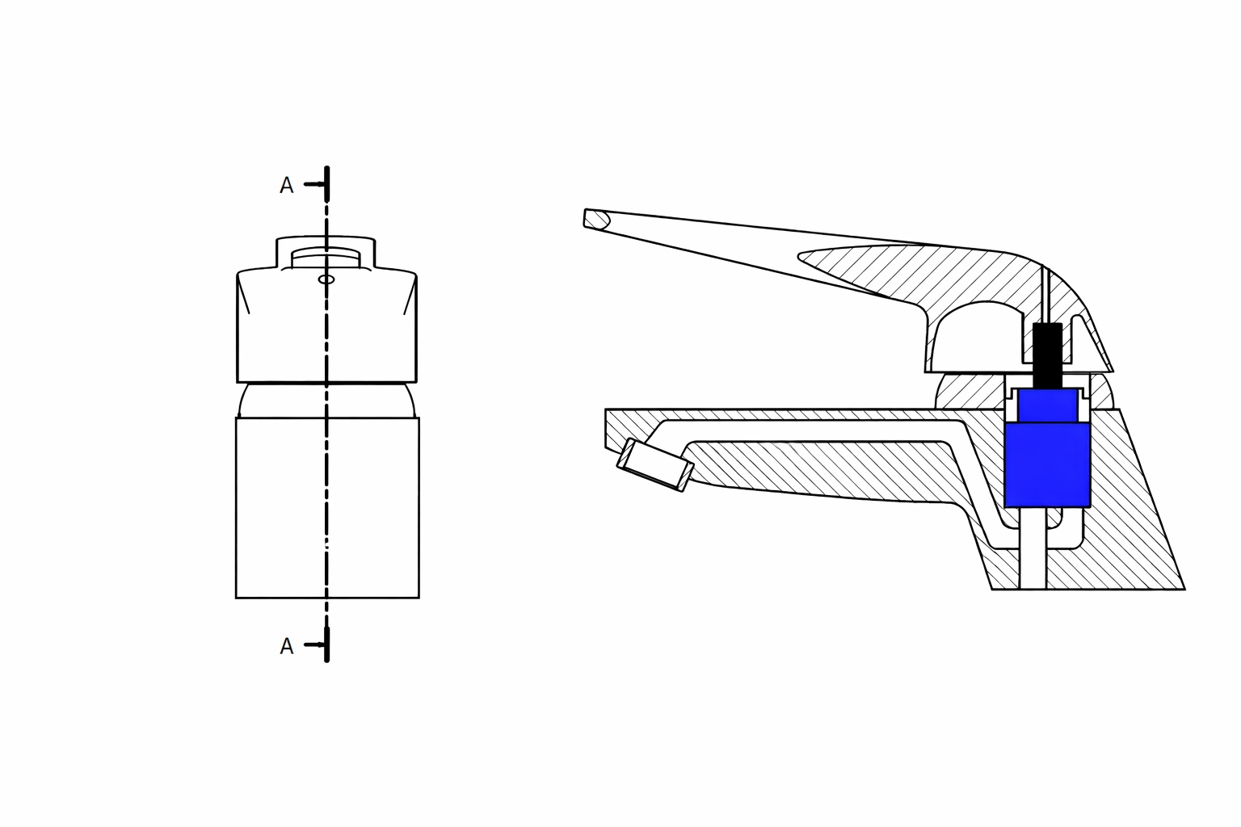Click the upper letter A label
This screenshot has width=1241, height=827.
286,186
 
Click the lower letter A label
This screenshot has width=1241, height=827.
286,646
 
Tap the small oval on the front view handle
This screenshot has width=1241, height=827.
326,279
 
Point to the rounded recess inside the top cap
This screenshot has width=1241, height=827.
326,256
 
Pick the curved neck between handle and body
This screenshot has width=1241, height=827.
327,401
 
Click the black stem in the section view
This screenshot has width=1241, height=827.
1048,355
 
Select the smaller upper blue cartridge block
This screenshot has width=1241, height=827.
1048,405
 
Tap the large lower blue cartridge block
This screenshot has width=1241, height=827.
1047,465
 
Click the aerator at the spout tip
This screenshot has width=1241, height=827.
655,466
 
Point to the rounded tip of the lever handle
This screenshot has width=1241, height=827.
596,219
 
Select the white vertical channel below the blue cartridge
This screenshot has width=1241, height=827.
1032,549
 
